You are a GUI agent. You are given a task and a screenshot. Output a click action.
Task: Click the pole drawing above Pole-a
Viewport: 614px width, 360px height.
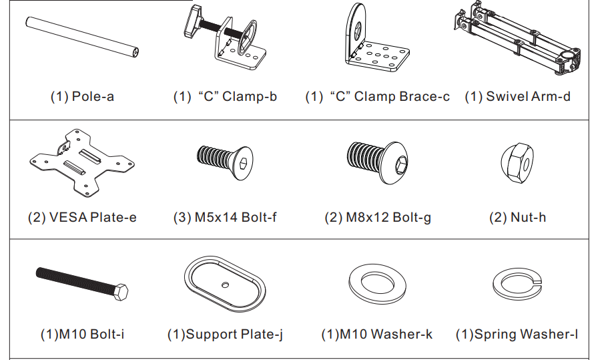(82, 37)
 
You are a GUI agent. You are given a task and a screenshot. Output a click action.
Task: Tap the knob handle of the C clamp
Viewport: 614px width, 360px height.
(192, 21)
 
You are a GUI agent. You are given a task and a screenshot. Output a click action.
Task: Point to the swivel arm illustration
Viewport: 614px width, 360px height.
(517, 37)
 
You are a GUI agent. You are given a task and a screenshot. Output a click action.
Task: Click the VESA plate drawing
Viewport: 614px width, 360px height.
(82, 162)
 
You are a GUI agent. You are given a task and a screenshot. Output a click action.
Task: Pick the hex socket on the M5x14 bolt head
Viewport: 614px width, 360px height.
(243, 163)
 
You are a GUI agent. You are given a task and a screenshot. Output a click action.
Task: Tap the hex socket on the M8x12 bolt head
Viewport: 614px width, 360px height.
(401, 164)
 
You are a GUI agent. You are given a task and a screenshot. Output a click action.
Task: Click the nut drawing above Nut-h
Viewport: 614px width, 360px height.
(517, 163)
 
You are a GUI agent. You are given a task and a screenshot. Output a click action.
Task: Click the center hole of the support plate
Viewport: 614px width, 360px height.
(225, 285)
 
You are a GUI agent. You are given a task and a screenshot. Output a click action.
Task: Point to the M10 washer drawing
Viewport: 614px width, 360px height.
(377, 283)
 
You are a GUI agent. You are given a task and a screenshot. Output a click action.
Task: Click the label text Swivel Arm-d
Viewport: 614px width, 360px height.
(529, 96)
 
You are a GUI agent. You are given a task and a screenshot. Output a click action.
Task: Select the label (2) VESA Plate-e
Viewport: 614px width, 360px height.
(82, 217)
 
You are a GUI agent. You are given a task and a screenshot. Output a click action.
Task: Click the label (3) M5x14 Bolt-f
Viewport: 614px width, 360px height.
(225, 217)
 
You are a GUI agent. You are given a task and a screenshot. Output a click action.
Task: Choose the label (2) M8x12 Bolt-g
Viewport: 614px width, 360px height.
(378, 218)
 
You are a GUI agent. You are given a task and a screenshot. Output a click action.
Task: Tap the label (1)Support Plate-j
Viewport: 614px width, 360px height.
(225, 334)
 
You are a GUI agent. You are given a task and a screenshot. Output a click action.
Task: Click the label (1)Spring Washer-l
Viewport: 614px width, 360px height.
(517, 334)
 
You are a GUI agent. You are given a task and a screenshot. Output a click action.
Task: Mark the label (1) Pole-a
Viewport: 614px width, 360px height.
(82, 96)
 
